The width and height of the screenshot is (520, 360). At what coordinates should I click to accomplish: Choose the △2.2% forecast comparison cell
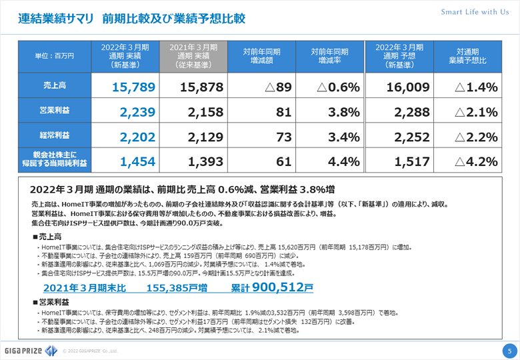[x=476, y=137]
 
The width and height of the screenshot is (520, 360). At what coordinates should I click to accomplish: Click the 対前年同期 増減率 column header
[x=330, y=56]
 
